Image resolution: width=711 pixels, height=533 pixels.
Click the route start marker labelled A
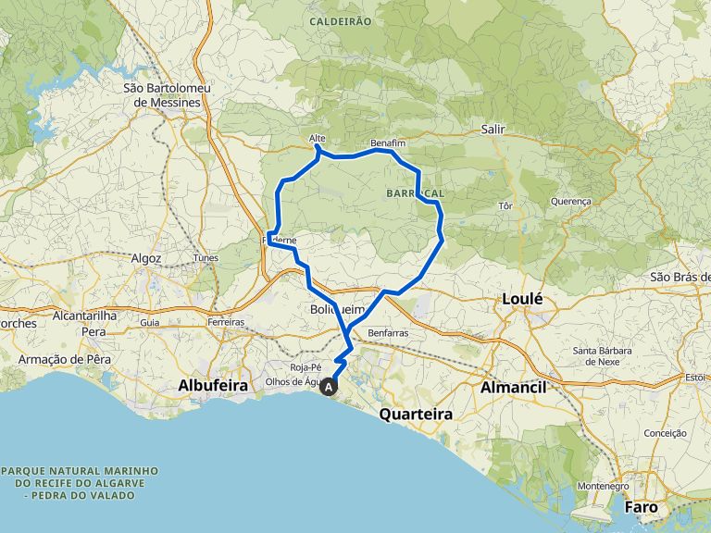329,388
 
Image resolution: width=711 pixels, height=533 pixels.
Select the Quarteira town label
416,415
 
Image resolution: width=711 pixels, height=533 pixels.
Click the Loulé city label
524,299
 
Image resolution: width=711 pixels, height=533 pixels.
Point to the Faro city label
641,507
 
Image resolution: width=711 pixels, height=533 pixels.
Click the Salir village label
493,130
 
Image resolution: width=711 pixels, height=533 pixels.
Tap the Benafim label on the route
388,145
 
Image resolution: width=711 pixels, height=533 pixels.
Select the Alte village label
317,139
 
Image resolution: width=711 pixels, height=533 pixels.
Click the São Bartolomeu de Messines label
168,94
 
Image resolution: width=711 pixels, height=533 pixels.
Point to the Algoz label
146,258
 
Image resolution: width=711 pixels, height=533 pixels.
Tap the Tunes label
206,257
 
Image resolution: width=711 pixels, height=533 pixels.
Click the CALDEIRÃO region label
340,20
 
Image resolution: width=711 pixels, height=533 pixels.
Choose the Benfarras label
388,331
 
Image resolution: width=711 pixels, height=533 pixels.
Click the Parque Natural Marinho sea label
80,483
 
